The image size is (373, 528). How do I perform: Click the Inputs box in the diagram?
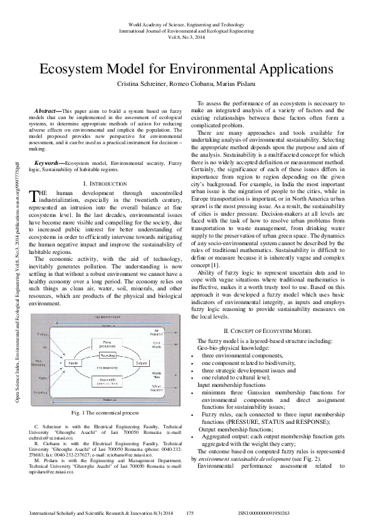(x=73, y=363)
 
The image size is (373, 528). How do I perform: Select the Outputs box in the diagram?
(x=141, y=363)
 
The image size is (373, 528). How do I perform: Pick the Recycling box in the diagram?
(x=107, y=354)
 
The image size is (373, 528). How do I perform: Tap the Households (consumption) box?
(x=107, y=383)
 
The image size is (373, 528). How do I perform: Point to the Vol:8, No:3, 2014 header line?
(x=187, y=36)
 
